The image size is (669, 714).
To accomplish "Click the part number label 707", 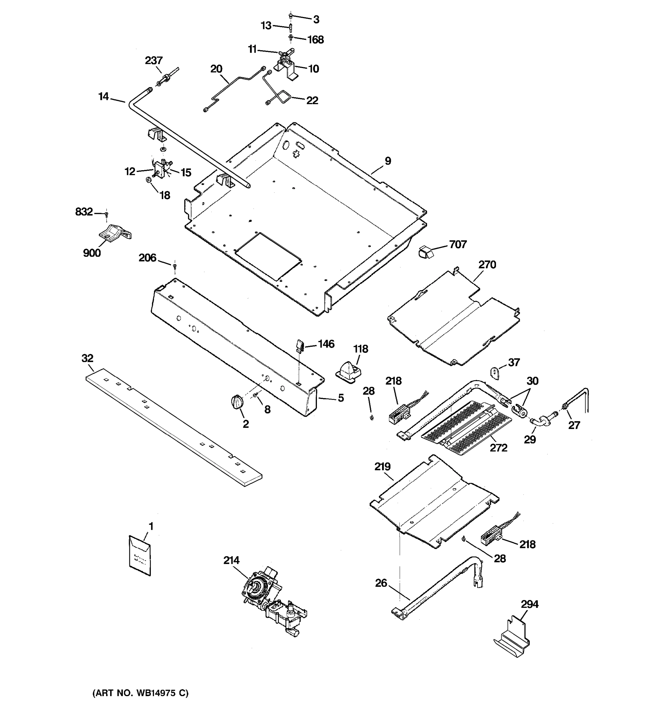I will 458,245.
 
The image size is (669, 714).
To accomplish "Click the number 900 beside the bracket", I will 92,253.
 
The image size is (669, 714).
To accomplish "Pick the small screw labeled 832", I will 106,214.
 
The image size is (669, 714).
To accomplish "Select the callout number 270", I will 487,265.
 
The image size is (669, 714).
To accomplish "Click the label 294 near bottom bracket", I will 529,604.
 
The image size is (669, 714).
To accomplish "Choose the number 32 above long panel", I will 87,358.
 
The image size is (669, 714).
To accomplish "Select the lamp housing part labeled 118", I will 348,369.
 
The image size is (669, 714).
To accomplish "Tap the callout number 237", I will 154,60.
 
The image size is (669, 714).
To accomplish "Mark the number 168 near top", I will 315,40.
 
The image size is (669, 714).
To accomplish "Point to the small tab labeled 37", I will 494,373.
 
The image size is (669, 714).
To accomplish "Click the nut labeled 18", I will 148,180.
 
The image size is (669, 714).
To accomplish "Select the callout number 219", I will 382,466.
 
